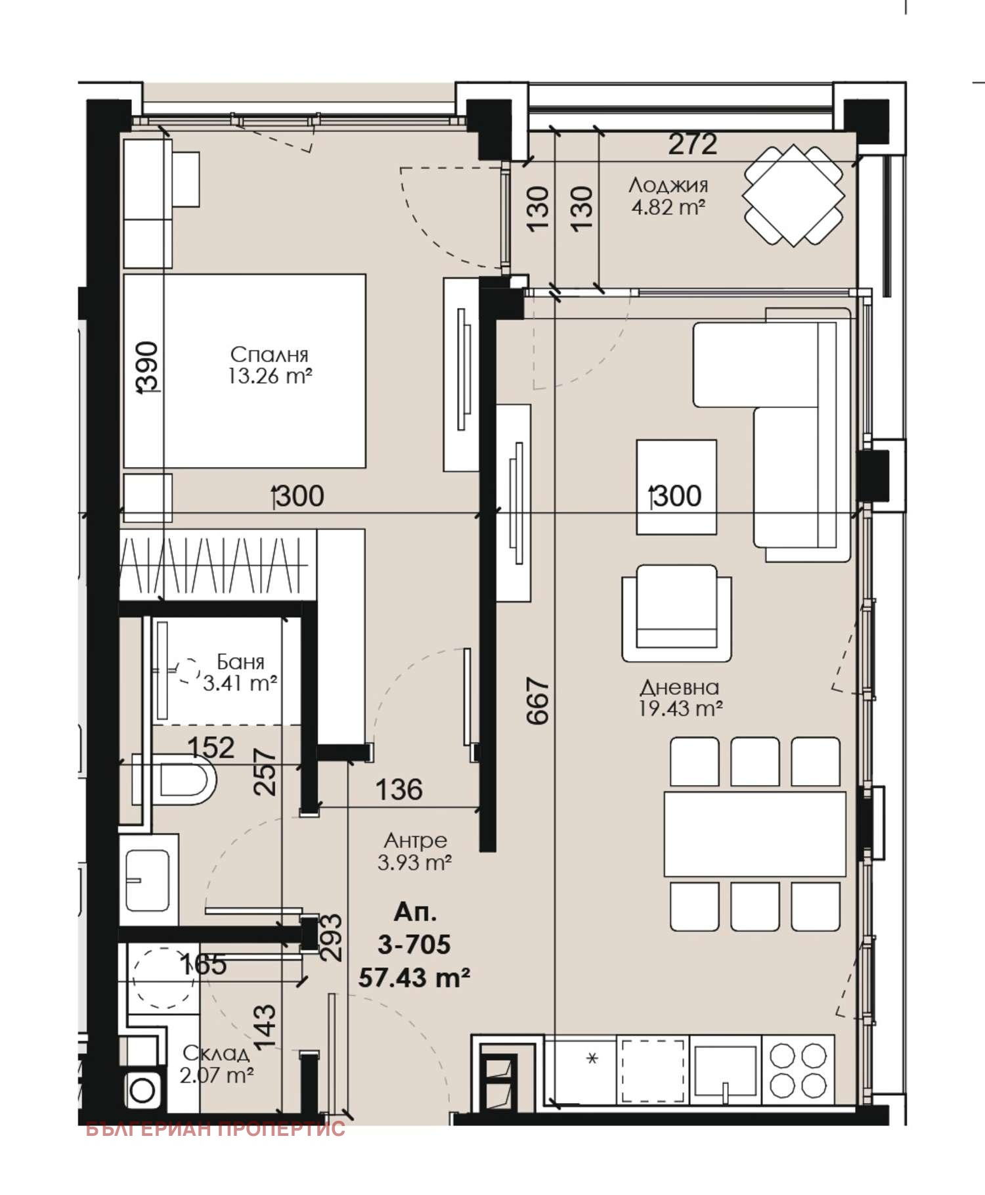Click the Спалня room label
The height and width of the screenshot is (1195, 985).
coord(269,355)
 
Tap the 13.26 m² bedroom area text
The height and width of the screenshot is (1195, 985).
coord(270,376)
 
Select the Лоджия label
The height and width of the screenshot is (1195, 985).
coord(668,186)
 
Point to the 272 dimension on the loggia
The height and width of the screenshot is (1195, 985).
coord(693,145)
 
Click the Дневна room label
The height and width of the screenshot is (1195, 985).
coord(680,687)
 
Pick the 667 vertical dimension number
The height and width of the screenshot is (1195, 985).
coord(538,701)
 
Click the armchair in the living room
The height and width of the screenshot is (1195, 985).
coord(676,613)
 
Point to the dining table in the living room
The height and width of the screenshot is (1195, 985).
coord(755,834)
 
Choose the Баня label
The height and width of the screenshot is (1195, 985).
coord(240,662)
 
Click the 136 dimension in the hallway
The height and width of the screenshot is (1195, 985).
coord(399,789)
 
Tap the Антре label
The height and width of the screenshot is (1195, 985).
coord(415,840)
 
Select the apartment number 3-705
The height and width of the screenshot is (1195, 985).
coord(414,945)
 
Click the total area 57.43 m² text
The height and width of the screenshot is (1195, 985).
coord(414,978)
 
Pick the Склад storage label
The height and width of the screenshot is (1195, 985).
coord(216,1054)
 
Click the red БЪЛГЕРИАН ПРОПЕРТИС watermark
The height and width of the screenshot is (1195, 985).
coord(215,1129)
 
